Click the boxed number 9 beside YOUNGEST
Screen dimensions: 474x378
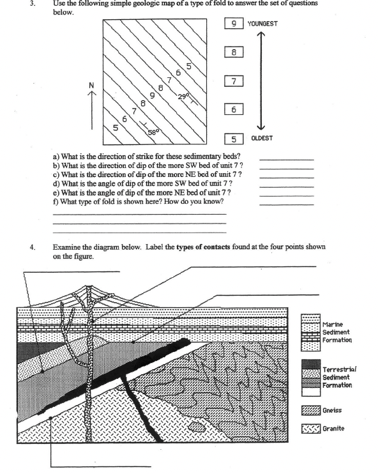click(234, 24)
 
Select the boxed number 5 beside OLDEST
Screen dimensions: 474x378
click(234, 139)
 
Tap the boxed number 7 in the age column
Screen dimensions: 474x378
click(234, 82)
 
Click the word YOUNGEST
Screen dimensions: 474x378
click(262, 24)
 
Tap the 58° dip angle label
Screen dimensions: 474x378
click(153, 132)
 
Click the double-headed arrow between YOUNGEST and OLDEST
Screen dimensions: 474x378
click(261, 82)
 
